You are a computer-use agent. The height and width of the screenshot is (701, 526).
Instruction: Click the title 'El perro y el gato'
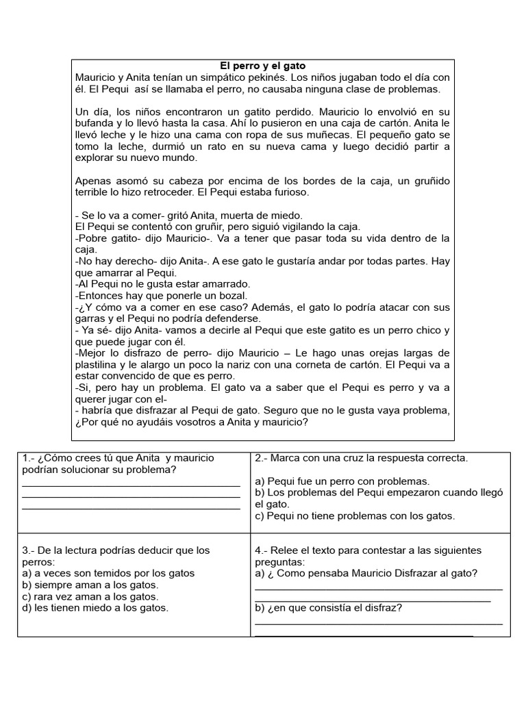(263, 66)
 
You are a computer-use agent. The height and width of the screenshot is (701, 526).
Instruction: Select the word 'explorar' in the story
(97, 157)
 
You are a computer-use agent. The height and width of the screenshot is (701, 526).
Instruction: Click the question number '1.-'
(29, 458)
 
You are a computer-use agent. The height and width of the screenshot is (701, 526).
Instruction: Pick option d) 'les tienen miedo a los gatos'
(95, 607)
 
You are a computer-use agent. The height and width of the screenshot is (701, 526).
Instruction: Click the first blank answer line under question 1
(131, 485)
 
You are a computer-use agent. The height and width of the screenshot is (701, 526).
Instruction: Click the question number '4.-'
(262, 550)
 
